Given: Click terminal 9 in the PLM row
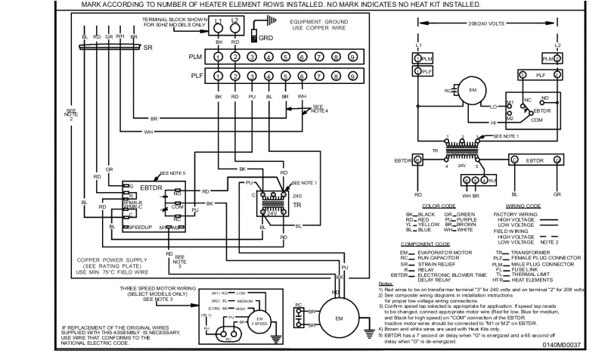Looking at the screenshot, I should pyautogui.click(x=352, y=57).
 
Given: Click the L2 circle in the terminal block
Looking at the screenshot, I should pyautogui.click(x=235, y=25).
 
